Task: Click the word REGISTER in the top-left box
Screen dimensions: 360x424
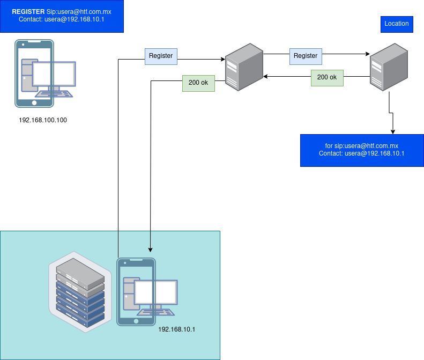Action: click(x=28, y=11)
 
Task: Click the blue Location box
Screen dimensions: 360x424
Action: click(x=397, y=24)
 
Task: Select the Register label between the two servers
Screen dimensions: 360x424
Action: click(x=306, y=56)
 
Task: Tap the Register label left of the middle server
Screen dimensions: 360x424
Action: click(x=161, y=56)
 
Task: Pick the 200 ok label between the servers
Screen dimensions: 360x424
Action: click(x=327, y=77)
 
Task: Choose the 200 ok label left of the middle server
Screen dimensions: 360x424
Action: click(x=198, y=83)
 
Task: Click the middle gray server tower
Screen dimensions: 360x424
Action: click(x=244, y=68)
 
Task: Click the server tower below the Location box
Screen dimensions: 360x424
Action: click(x=389, y=68)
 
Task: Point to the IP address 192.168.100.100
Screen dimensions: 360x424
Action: click(x=43, y=120)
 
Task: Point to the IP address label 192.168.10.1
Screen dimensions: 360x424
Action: click(x=177, y=329)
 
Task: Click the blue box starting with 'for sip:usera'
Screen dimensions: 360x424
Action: click(x=362, y=150)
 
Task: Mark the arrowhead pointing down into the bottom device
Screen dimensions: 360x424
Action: click(x=151, y=249)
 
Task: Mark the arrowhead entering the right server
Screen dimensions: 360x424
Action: click(x=368, y=54)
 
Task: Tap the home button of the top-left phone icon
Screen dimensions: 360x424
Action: click(x=34, y=102)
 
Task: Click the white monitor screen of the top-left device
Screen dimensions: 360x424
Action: click(x=54, y=74)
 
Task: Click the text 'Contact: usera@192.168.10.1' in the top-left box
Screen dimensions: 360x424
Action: click(x=62, y=19)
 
